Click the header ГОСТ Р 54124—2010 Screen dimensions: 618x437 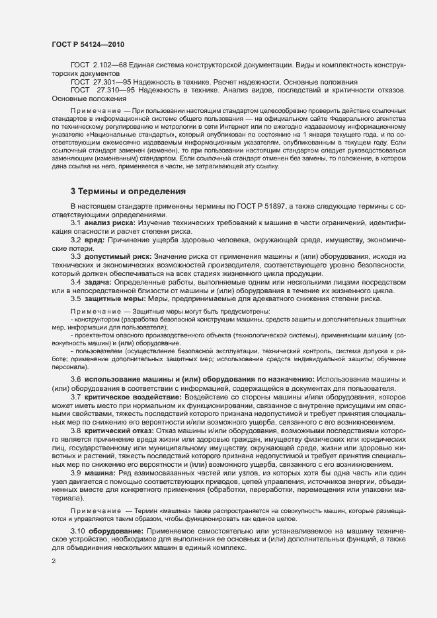[x=88, y=44]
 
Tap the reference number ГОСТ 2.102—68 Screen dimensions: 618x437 [x=94, y=66]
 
